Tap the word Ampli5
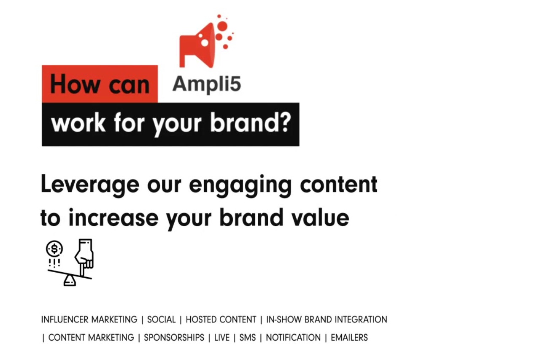[207, 85]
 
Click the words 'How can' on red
[100, 84]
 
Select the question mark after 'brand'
[286, 122]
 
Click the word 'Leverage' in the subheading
[90, 184]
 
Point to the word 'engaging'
[240, 185]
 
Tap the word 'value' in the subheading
[320, 217]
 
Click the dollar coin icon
[55, 249]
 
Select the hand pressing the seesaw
[84, 257]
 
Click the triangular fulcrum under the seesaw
[70, 281]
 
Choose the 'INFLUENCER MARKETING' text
[89, 320]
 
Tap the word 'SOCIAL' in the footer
[161, 320]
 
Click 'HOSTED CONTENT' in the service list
[221, 320]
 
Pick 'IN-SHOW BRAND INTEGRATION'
[327, 320]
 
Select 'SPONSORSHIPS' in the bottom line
[174, 338]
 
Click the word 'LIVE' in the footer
[222, 338]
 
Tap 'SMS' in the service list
[248, 338]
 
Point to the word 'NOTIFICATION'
[293, 338]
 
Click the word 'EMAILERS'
[349, 338]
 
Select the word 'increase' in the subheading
[113, 217]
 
